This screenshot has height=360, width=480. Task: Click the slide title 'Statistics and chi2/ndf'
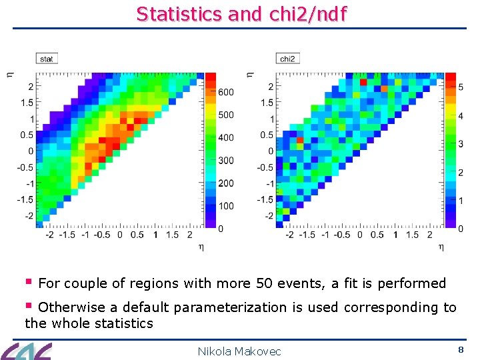241,13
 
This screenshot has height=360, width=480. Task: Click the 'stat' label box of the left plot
47,59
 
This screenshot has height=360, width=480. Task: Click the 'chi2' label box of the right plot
287,59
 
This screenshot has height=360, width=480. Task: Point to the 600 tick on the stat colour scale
226,92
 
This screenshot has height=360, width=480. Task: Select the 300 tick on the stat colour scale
226,160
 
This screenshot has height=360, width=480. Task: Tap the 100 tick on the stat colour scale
226,206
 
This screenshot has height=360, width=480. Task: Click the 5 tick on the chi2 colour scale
459,86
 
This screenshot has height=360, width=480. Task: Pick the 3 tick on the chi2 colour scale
459,143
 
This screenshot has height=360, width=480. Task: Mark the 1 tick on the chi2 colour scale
459,201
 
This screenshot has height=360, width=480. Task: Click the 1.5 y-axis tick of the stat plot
27,103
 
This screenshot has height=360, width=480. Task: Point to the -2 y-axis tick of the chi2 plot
269,216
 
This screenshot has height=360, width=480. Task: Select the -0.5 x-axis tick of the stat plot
102,235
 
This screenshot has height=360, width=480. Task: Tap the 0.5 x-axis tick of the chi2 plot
377,235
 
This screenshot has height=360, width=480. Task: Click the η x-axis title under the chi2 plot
441,247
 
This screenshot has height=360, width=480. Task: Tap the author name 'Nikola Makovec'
239,351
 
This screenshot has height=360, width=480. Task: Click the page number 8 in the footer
460,349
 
